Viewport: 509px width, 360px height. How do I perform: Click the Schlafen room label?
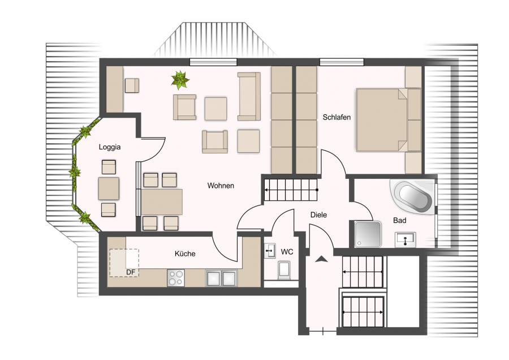pos(337,117)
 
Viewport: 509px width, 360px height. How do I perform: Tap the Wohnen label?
pos(221,186)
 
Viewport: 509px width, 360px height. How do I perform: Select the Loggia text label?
pos(110,147)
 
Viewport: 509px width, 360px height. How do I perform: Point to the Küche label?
pos(185,254)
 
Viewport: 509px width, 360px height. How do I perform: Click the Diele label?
pos(318,215)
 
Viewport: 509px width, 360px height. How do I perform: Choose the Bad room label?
pos(400,220)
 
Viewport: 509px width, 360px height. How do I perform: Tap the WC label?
pos(287,252)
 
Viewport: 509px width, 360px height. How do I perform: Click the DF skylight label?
pos(131,272)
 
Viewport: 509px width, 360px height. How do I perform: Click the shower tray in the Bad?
pos(368,234)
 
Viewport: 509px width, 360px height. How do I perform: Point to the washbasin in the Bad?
pos(405,240)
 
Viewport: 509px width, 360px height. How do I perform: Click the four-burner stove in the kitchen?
pos(176,278)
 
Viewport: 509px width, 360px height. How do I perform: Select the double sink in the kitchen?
pos(221,278)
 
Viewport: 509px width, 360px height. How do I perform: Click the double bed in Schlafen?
pos(382,120)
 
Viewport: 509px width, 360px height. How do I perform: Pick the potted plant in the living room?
pos(180,80)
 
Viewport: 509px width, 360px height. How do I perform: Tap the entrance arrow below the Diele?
pos(321,259)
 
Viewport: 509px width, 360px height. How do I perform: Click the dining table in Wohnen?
pos(162,202)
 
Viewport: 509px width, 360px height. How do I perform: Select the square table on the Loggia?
pos(109,188)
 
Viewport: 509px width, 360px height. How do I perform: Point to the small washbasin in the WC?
pos(270,251)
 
